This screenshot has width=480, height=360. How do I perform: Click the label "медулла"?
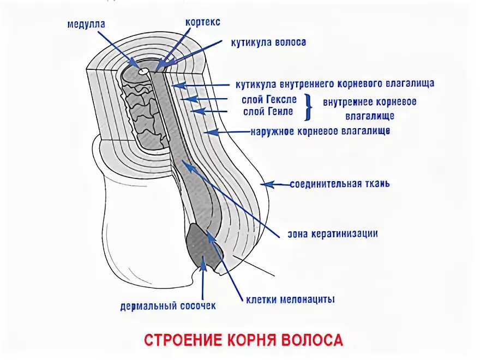pyautogui.click(x=86, y=25)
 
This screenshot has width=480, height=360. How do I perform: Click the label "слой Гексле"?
pyautogui.click(x=270, y=100)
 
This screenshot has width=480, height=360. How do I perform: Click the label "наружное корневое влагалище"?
pyautogui.click(x=320, y=132)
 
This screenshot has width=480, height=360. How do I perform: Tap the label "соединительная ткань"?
pyautogui.click(x=339, y=184)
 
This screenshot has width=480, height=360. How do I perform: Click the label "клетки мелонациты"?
pyautogui.click(x=290, y=299)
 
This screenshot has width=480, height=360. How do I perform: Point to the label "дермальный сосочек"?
pyautogui.click(x=168, y=305)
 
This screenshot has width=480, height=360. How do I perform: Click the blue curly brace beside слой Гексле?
pyautogui.click(x=309, y=106)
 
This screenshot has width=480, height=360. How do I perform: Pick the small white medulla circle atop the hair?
pyautogui.click(x=143, y=71)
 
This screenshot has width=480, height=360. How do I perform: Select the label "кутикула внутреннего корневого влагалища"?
pyautogui.click(x=335, y=84)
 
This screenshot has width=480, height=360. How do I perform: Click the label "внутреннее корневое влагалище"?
pyautogui.click(x=369, y=109)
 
